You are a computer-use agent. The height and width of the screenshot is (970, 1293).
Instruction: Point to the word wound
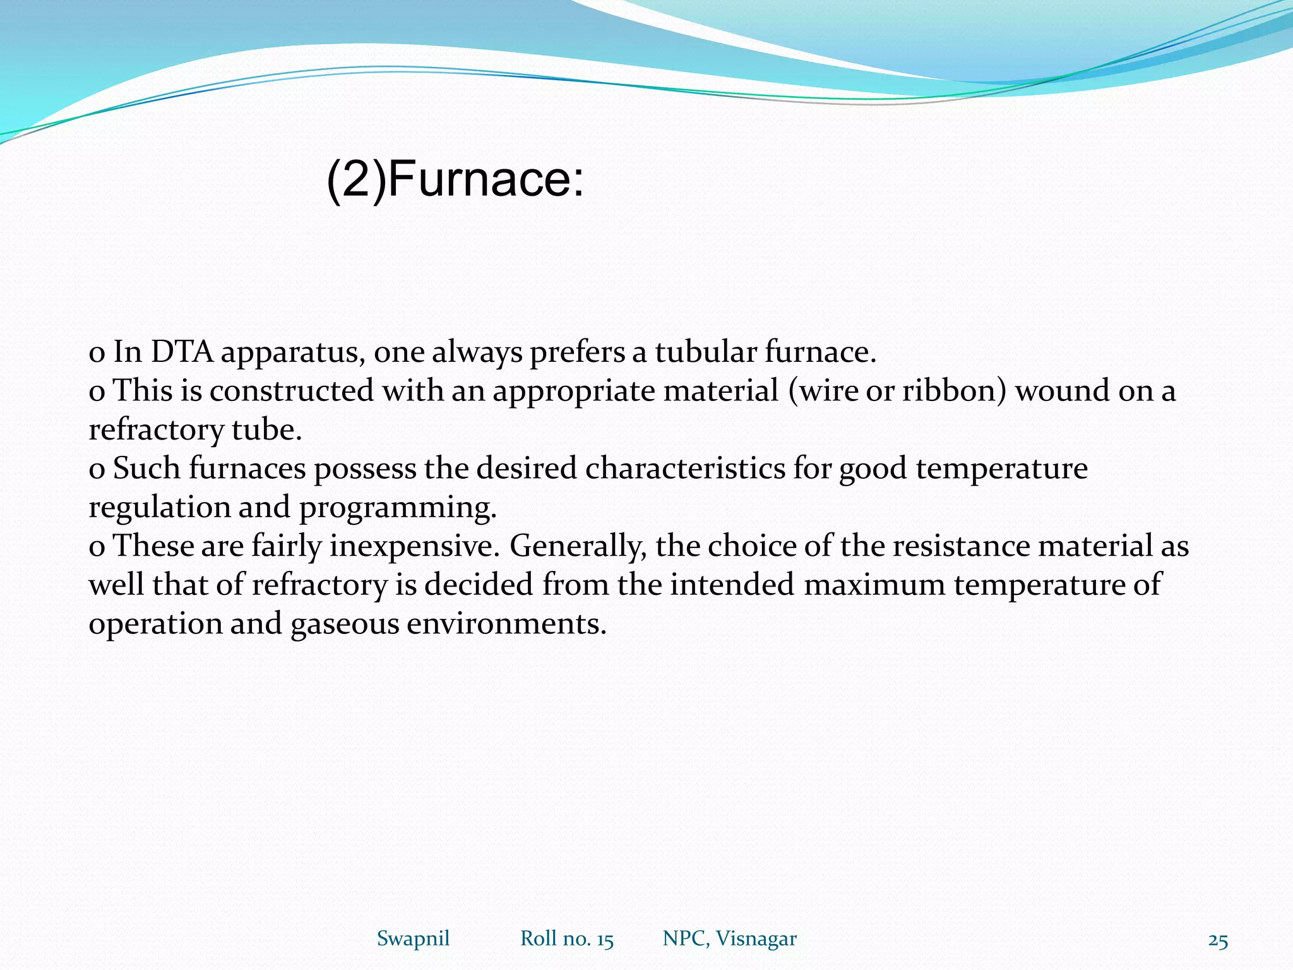tap(1063, 390)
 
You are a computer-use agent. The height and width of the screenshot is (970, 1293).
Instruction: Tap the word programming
tap(398, 508)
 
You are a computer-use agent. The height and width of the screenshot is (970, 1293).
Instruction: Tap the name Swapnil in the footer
tap(413, 938)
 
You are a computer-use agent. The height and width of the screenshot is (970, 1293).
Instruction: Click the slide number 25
tap(1218, 941)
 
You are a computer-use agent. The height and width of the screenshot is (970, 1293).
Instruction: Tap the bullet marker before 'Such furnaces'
tap(97, 470)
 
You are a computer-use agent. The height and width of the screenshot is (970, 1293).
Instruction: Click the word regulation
tap(159, 508)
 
